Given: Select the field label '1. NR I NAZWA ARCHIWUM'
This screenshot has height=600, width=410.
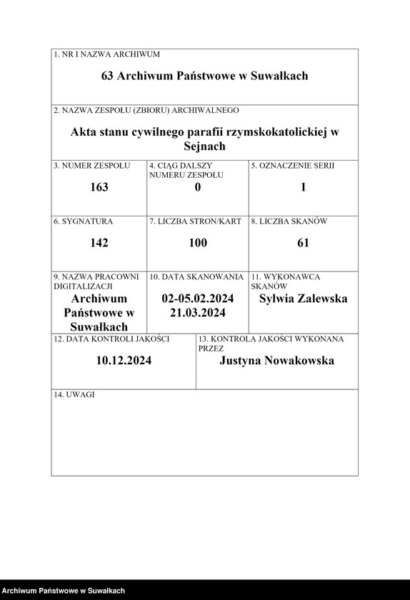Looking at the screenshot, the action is (x=107, y=54).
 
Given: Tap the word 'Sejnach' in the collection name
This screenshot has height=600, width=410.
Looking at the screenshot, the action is (x=204, y=146).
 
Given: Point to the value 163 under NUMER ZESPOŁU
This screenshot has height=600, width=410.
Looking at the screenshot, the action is (x=99, y=187).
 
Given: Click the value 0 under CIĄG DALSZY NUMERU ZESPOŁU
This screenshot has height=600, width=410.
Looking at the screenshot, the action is (x=198, y=187).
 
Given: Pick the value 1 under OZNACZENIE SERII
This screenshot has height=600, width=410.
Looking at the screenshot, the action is (x=304, y=187).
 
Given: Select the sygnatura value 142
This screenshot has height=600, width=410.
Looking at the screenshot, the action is (x=99, y=243).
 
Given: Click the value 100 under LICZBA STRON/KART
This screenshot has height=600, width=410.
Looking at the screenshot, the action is (x=198, y=243).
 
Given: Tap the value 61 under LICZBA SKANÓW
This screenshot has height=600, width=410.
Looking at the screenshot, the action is (x=304, y=243).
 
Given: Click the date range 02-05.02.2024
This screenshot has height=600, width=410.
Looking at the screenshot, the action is (x=198, y=299).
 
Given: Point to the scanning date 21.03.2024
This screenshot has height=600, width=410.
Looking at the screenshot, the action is (x=198, y=313).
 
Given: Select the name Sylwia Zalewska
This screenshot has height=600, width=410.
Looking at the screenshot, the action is (x=304, y=299).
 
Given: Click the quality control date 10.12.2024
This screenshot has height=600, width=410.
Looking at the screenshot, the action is (x=124, y=361).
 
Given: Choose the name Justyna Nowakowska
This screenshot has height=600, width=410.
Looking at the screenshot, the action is (x=277, y=361).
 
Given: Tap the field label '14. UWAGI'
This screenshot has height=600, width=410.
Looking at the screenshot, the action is (x=74, y=395).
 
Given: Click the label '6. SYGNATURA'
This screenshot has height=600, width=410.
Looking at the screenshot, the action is (x=83, y=221).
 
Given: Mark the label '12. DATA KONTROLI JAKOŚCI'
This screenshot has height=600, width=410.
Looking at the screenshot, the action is (x=111, y=339).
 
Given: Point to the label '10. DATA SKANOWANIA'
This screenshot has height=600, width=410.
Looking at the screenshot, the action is (x=196, y=276).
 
